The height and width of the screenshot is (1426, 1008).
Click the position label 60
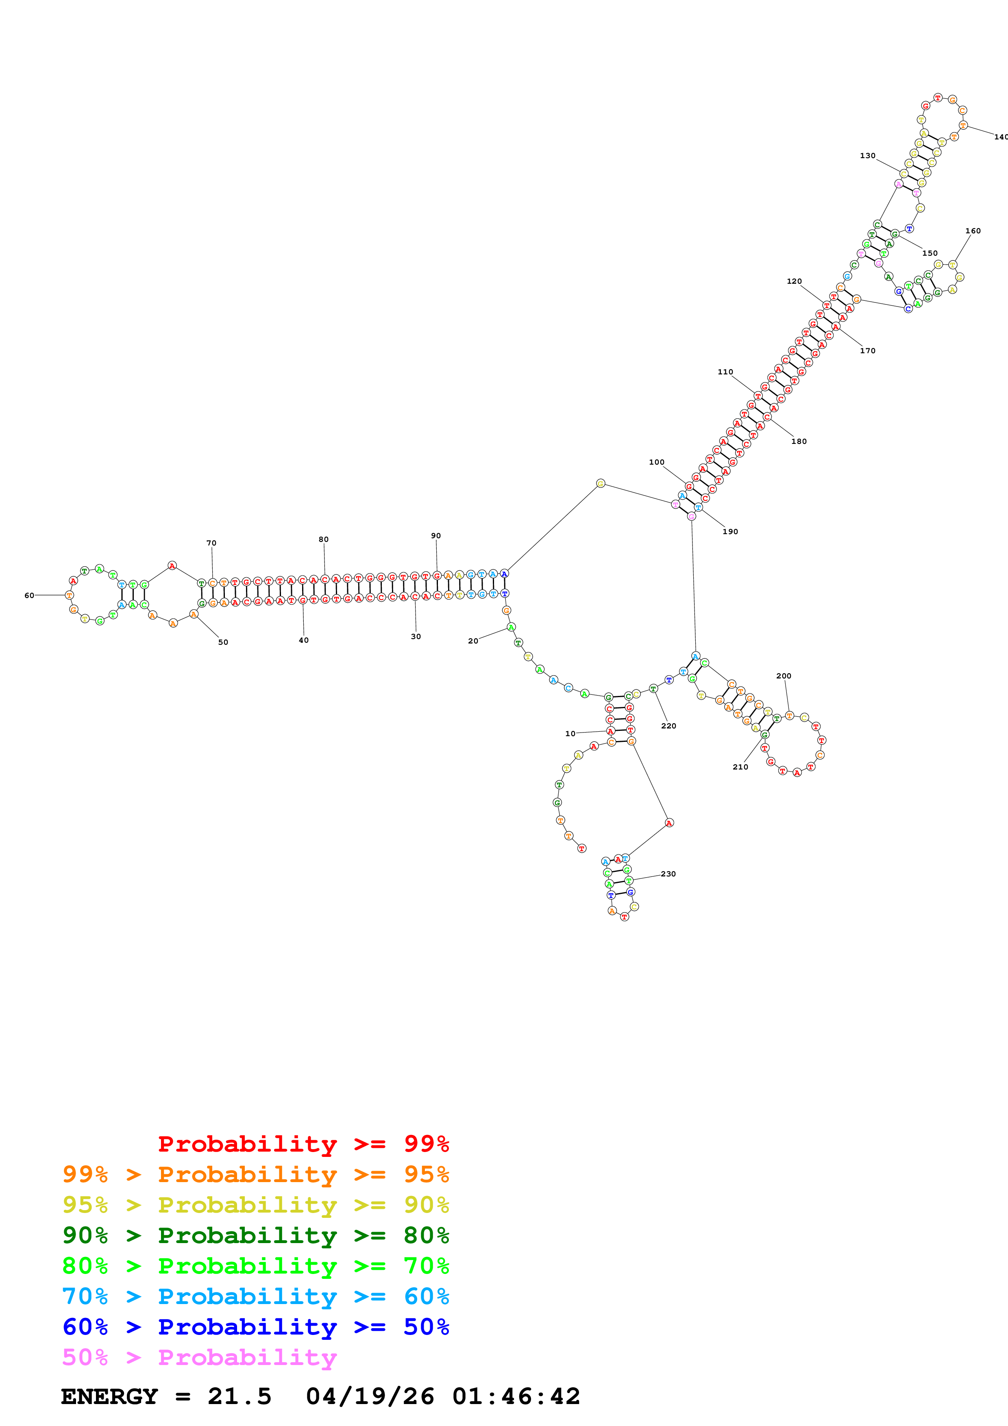tap(29, 595)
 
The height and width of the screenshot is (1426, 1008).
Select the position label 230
tap(668, 874)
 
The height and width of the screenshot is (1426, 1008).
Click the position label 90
tap(436, 535)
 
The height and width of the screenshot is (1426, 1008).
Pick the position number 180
tap(799, 441)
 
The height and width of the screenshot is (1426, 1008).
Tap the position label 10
tap(570, 733)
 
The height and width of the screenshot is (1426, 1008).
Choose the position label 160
tap(973, 231)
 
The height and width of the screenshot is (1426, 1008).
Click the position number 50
tap(223, 642)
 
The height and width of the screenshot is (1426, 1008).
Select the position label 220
tap(668, 726)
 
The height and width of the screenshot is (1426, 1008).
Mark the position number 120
tap(795, 281)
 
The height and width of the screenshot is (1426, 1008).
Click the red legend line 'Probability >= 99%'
tap(303, 1144)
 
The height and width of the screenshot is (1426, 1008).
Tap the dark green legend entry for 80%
tap(255, 1235)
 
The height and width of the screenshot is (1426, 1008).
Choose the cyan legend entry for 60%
tap(255, 1296)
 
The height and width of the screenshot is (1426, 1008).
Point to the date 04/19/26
tap(370, 1397)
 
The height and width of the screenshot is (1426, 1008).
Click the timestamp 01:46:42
tap(516, 1397)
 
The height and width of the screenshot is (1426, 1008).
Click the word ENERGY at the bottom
tap(109, 1397)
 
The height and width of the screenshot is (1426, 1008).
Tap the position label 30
tap(416, 637)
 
